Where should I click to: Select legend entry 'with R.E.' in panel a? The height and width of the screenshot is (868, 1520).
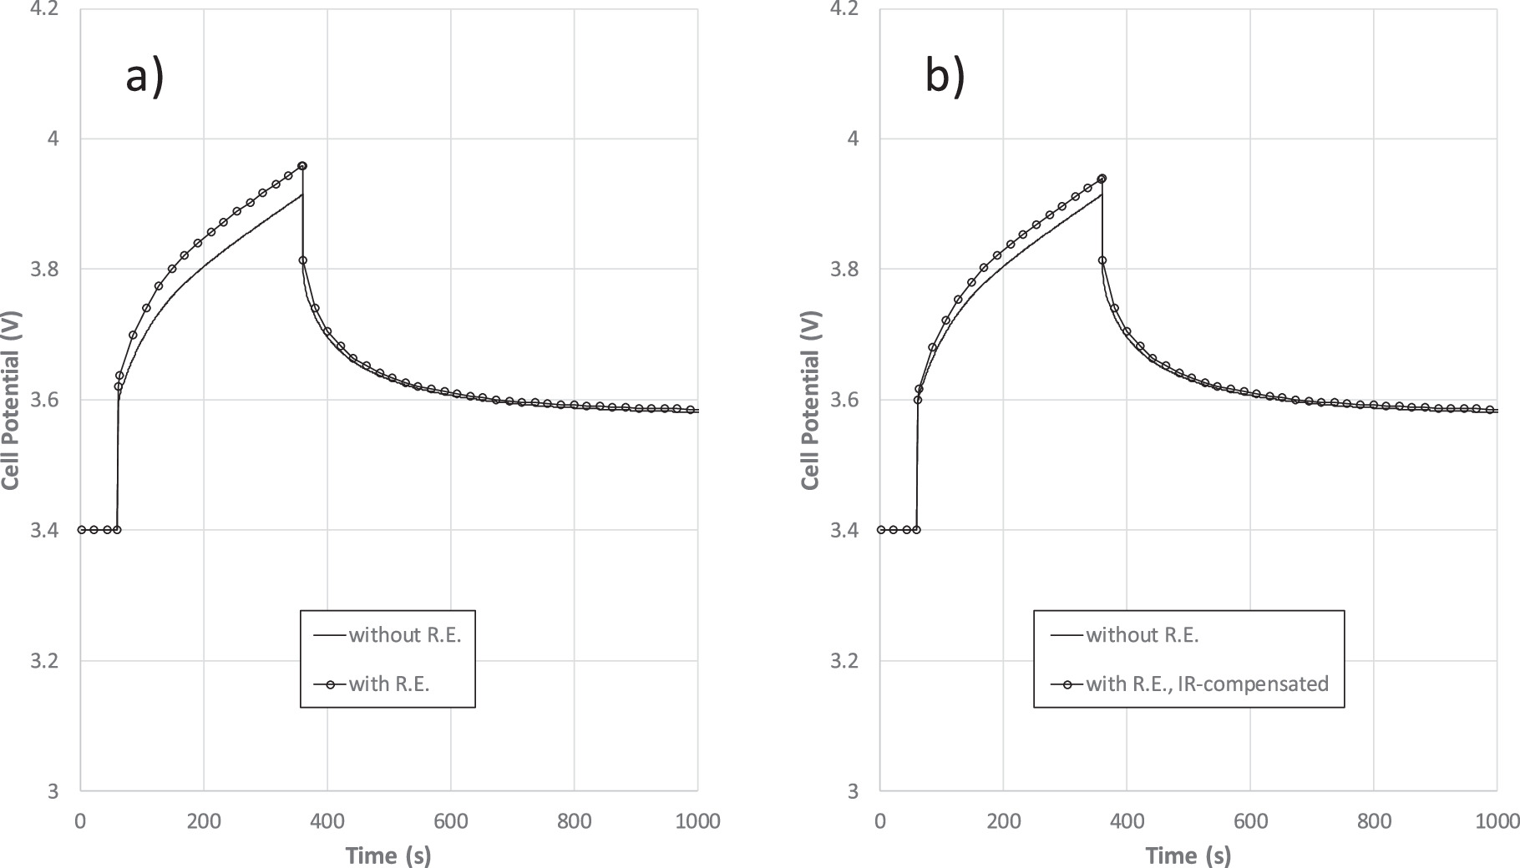388,684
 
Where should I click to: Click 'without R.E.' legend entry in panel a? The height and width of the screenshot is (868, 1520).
404,635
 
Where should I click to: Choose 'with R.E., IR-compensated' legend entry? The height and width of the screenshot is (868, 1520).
1206,684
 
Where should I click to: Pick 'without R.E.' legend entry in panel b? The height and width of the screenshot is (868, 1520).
1142,635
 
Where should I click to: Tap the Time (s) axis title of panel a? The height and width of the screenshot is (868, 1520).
388,855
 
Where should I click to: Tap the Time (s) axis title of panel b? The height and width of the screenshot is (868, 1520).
1188,855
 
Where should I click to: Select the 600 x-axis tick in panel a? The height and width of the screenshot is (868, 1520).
451,821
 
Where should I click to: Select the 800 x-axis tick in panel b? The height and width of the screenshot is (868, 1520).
1374,821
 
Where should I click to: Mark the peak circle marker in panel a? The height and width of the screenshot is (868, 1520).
302,166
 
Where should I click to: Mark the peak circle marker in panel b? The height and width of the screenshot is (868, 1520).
1102,179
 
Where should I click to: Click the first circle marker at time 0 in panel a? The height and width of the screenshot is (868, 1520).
81,530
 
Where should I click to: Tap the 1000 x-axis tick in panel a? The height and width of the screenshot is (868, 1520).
697,821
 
